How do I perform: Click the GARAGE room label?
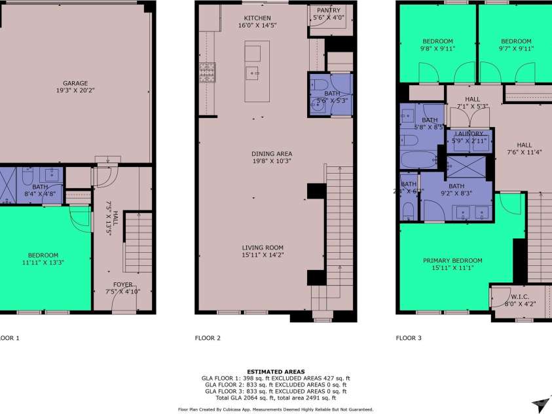75,83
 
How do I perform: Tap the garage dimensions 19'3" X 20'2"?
75,92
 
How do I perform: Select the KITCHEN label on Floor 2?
257,18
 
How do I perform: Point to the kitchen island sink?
252,73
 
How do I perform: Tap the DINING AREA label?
271,153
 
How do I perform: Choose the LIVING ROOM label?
261,247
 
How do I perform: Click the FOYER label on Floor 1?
122,285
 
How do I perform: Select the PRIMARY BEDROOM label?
452,260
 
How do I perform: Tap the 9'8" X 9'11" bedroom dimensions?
437,48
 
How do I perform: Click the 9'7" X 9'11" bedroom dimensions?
517,48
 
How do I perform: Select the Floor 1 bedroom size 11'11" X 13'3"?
43,263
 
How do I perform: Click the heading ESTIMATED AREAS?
275,371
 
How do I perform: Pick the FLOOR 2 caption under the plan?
208,339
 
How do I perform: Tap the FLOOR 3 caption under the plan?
409,339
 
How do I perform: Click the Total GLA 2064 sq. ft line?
275,398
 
